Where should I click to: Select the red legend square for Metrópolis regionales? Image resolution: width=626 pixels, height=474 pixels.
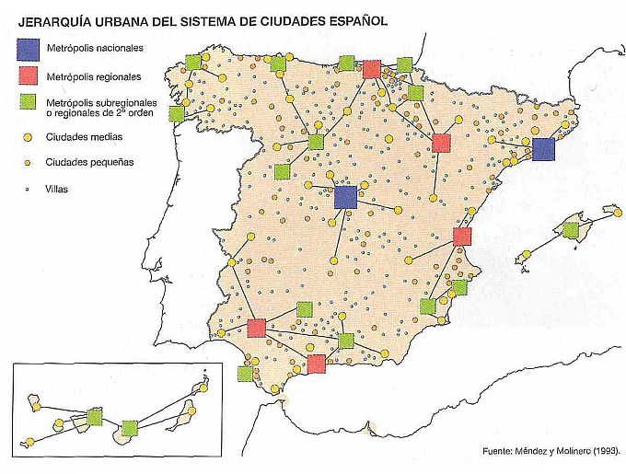pos(28,75)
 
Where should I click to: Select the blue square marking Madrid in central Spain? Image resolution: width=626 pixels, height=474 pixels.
pos(345,196)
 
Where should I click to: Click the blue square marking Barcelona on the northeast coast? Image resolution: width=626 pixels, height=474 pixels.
pos(543,149)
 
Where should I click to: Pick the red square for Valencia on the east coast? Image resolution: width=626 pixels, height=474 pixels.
pos(462,237)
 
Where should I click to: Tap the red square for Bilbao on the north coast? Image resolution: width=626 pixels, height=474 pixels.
pos(372,68)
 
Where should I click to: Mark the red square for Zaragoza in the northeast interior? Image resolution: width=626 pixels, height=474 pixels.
pos(441,142)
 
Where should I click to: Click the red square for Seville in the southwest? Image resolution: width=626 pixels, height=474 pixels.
pos(257,328)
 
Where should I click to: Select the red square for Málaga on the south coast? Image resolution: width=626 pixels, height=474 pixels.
pos(317,364)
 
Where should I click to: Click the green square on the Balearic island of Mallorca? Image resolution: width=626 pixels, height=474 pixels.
pos(571,230)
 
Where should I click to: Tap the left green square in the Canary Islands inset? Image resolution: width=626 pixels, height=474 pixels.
pos(94,417)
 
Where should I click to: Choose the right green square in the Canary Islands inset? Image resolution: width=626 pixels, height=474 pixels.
pos(130,428)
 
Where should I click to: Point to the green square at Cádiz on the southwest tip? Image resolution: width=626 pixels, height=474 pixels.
pos(245,373)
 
